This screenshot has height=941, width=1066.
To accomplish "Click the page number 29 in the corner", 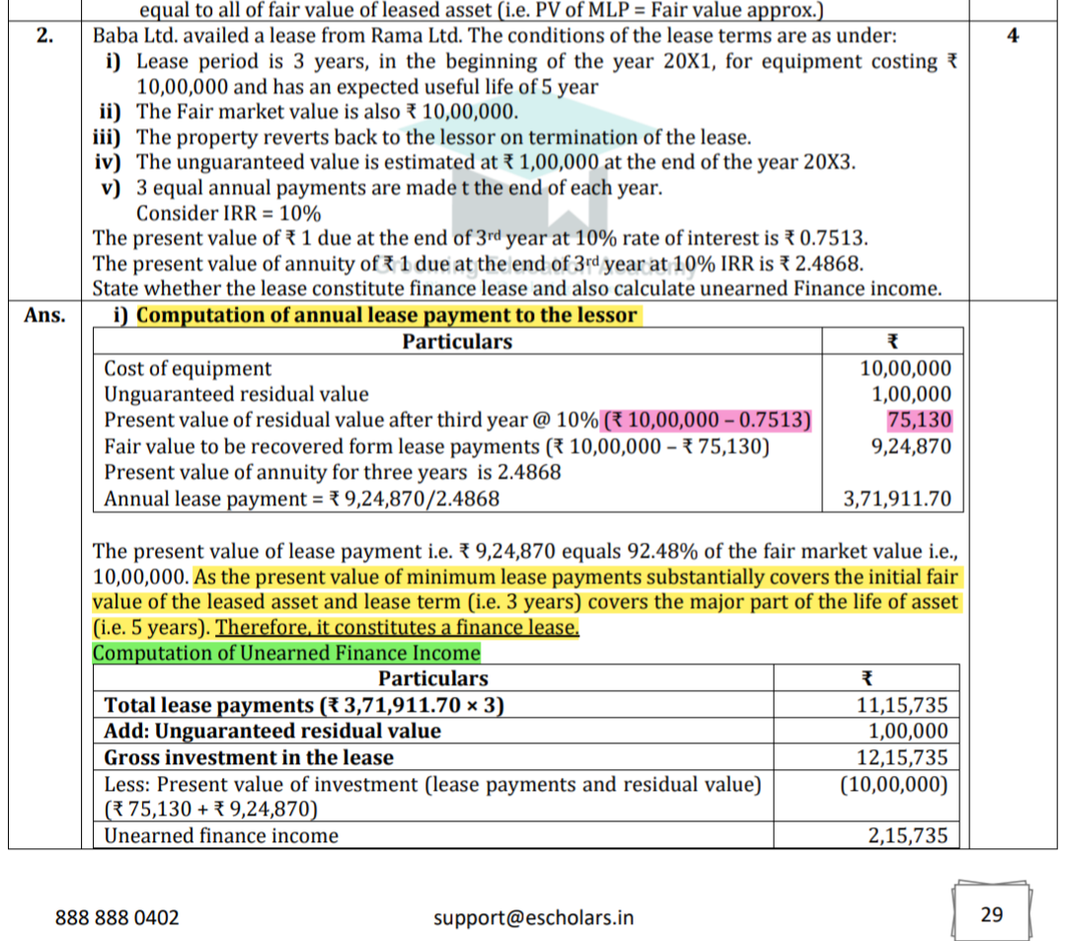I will point(992,914).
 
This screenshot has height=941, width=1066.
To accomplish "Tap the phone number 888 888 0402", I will point(117,917).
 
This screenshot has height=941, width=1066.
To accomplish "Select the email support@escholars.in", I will point(534,917).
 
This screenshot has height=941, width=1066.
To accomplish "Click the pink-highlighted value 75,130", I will point(919,421).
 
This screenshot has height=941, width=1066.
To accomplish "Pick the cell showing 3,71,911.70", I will point(897,499).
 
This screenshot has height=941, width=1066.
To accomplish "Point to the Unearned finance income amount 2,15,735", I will point(907,836).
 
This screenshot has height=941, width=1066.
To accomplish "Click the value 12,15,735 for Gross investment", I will point(907,758).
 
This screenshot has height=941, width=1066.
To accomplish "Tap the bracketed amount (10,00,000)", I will point(893,785).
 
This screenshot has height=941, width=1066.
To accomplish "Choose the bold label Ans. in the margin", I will point(44,316).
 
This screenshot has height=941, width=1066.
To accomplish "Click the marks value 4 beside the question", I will point(1013,36).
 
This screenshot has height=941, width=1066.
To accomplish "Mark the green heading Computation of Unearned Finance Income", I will point(286,654).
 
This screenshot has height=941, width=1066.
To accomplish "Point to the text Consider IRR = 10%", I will point(228,213).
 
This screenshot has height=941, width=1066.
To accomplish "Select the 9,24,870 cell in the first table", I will point(911,446).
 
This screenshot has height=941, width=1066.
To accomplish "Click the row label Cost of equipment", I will point(188,369).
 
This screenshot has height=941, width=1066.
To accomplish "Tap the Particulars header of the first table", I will point(457,342).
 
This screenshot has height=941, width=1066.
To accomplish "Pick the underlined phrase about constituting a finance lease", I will point(397,628).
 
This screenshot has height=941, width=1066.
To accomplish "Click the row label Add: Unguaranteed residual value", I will point(272,732).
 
